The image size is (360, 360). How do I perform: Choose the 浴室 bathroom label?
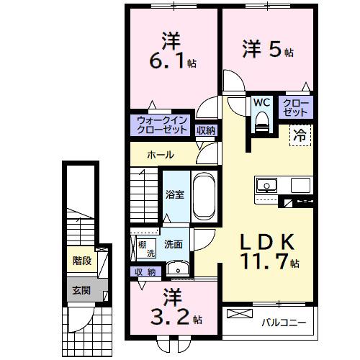tap(174, 194)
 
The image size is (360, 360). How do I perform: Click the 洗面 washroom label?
tap(172, 244)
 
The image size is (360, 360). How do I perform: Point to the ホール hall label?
tap(160, 155)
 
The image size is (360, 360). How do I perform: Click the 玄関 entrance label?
tap(81, 291)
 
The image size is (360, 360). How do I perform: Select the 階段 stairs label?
tap(81, 260)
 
